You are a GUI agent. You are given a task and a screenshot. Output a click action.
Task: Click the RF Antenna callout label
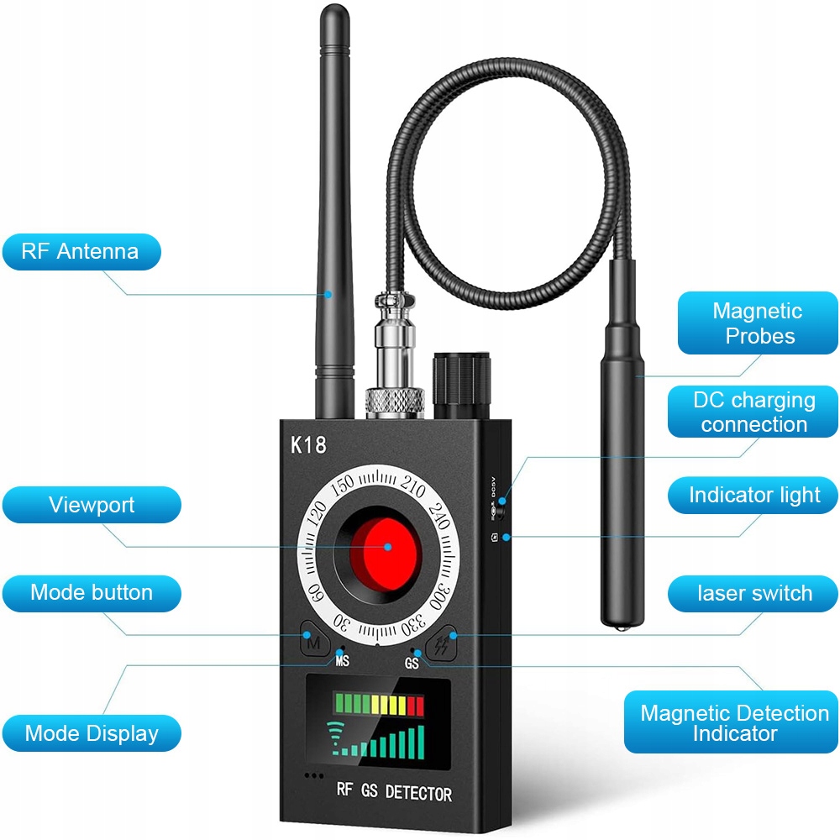tap(81, 251)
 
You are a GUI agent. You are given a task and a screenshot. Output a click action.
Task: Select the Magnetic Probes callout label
tap(758, 323)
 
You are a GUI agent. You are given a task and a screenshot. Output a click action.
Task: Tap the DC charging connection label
tap(753, 412)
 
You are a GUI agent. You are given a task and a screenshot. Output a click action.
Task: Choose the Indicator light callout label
tap(753, 496)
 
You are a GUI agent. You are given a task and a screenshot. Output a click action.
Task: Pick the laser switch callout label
tap(753, 593)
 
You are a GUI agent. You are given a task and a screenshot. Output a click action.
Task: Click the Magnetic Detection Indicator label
tap(733, 723)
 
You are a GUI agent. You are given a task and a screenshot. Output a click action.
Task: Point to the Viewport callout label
tap(92, 505)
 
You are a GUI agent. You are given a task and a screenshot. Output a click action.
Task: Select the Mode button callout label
tap(92, 592)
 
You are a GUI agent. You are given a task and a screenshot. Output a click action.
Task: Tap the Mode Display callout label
tap(92, 732)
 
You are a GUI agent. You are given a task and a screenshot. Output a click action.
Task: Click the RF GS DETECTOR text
tap(393, 792)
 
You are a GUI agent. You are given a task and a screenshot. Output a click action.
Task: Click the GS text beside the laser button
tap(412, 663)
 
